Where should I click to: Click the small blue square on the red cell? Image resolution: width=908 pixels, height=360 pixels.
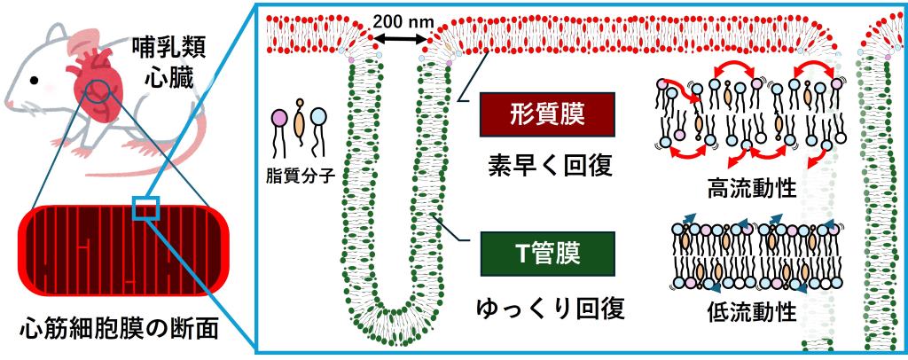pos(145,208)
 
